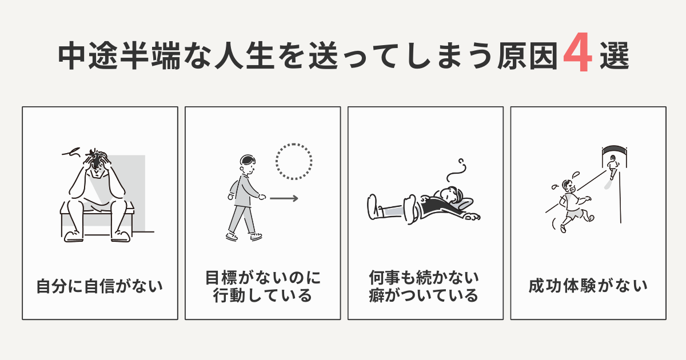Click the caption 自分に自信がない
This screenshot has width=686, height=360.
click(99, 285)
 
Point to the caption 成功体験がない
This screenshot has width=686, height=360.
click(588, 285)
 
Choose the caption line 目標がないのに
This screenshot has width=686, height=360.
click(263, 278)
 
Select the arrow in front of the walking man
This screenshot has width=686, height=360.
click(284, 199)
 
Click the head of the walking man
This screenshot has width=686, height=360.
click(248, 164)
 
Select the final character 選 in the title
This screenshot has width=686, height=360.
click(615, 57)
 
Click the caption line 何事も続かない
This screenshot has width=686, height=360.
click(425, 278)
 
